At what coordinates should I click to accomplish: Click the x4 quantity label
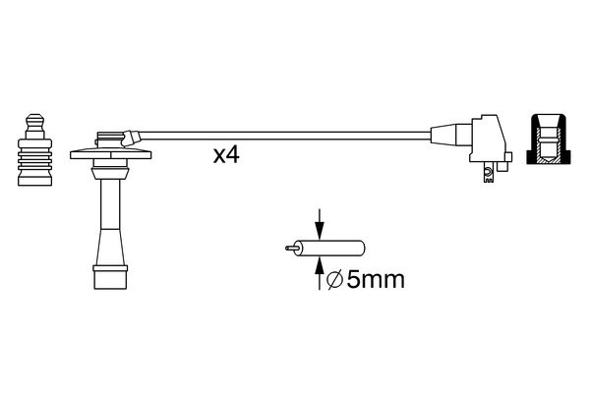(227, 155)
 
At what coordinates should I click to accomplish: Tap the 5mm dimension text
(375, 281)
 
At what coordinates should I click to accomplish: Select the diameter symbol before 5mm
(332, 281)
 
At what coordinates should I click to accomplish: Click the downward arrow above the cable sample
(319, 222)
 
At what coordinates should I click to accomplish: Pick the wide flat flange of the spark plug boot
(110, 154)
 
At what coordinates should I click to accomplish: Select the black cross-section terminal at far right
(549, 140)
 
